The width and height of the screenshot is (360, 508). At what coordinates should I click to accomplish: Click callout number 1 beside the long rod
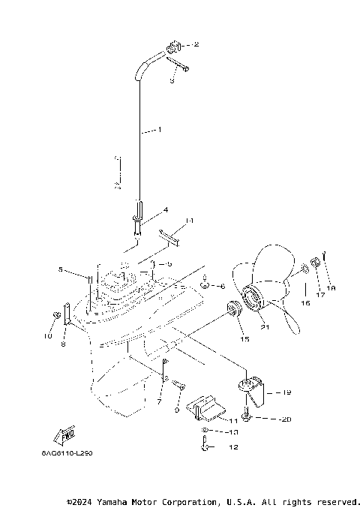click(x=160, y=130)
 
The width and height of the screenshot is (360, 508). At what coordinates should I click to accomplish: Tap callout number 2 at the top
click(x=196, y=45)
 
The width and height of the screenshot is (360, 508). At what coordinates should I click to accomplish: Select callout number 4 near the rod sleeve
click(x=165, y=209)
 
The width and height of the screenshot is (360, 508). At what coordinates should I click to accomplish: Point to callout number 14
click(x=190, y=221)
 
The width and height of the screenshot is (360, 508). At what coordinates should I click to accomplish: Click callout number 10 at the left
click(x=48, y=336)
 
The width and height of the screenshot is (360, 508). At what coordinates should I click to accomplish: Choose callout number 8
click(x=64, y=344)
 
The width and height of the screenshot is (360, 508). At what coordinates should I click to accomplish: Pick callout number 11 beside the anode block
click(x=233, y=421)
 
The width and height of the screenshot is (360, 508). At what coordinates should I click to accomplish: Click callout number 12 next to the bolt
click(x=232, y=448)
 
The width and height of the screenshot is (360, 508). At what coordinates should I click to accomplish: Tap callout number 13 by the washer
click(x=232, y=433)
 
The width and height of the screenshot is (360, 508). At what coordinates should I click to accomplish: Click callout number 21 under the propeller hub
click(x=263, y=326)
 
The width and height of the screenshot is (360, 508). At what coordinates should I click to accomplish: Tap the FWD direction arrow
click(x=67, y=434)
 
